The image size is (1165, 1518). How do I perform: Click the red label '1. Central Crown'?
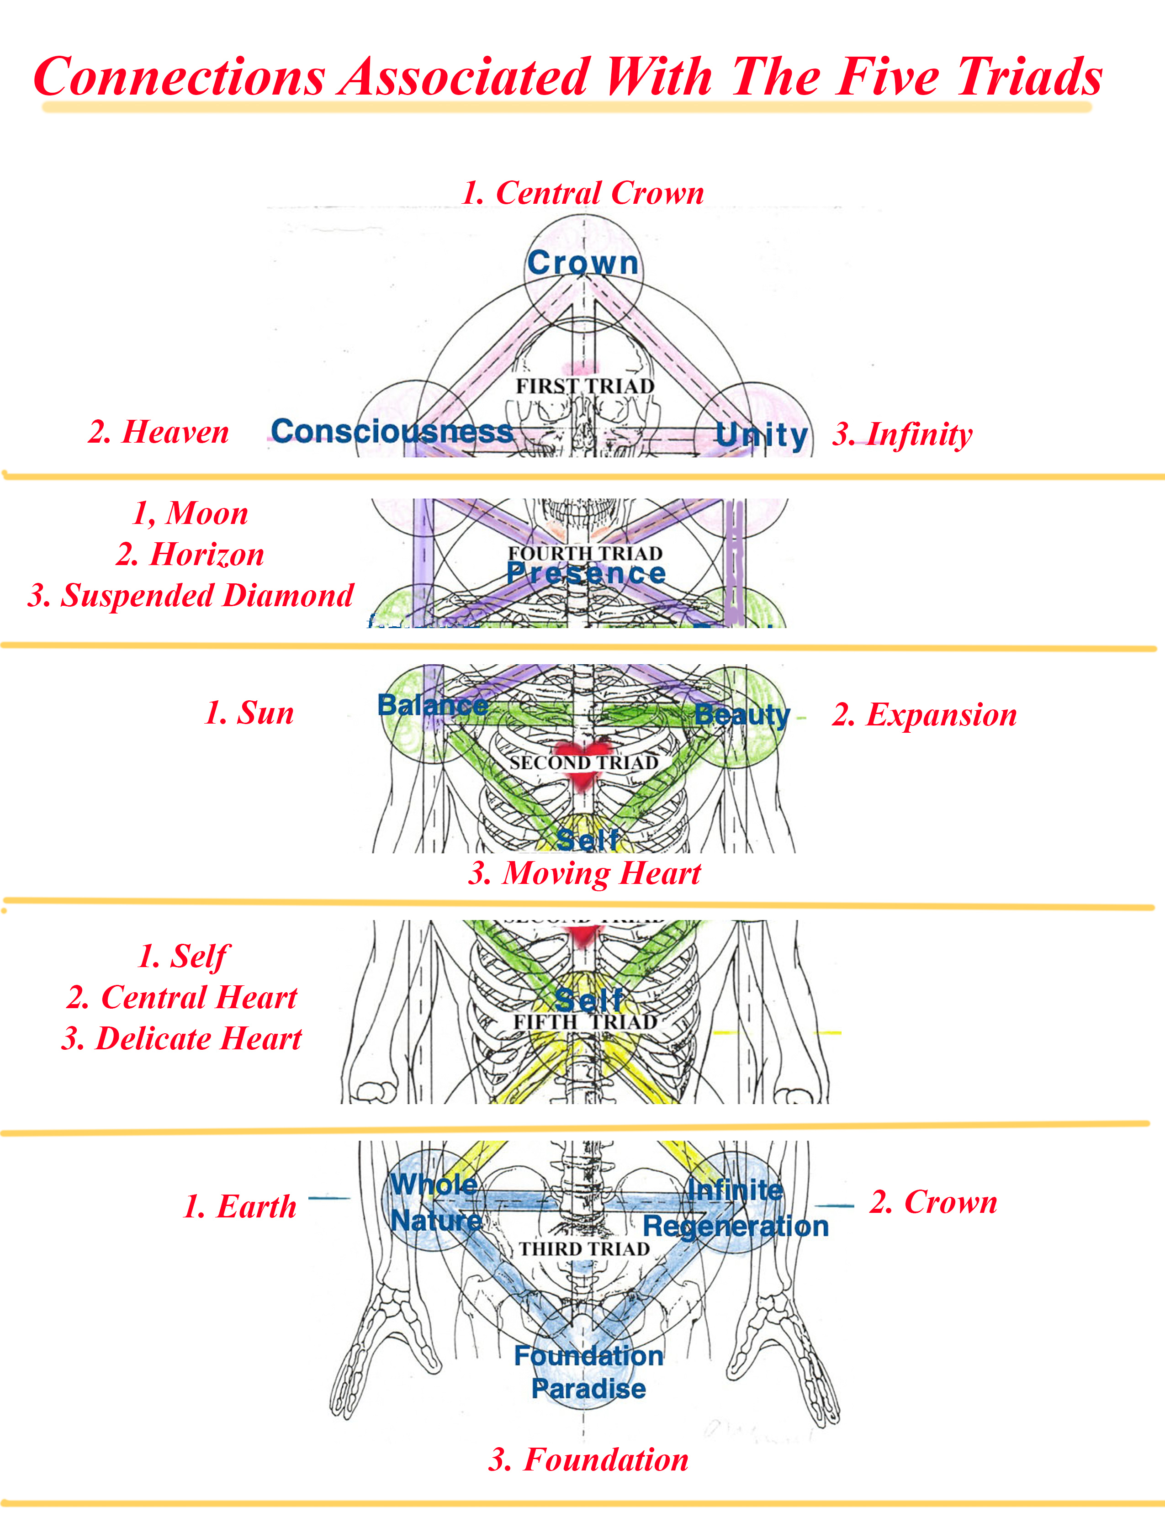(582, 193)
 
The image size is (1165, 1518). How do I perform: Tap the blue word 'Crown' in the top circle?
(582, 263)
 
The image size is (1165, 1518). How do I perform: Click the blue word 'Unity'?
(762, 435)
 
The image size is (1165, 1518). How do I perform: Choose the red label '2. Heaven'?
(158, 432)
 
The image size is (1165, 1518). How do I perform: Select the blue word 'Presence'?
(586, 573)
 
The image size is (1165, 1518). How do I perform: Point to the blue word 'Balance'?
(433, 705)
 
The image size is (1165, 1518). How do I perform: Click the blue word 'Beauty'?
(742, 714)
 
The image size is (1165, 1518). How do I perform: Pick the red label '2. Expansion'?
(924, 715)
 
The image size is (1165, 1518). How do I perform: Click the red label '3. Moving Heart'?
(585, 873)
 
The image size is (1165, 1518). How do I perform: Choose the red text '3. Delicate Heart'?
(182, 1039)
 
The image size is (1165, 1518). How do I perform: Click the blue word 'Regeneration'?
(736, 1227)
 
